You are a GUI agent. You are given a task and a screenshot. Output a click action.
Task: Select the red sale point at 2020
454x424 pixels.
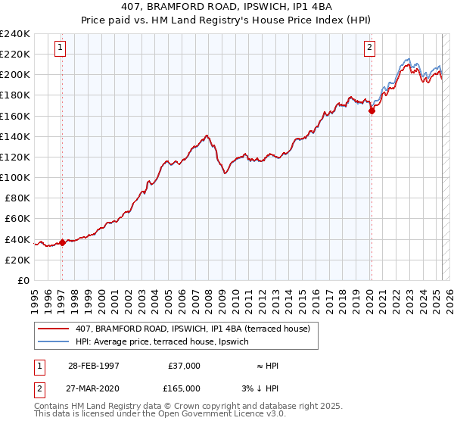tap(372, 111)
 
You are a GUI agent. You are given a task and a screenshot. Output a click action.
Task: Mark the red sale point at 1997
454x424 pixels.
tap(62, 242)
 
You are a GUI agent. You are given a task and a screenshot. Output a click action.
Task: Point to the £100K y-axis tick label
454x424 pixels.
tap(15, 177)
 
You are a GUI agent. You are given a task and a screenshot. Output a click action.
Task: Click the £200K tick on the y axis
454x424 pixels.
tap(15, 75)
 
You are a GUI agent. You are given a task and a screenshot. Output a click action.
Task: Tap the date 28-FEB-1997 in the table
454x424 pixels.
tap(93, 366)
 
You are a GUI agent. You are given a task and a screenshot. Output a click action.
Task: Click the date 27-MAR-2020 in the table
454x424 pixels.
tap(93, 388)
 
